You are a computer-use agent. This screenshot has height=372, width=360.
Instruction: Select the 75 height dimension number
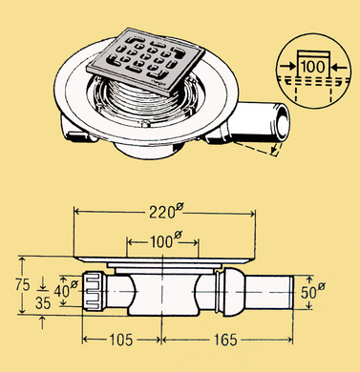click(22, 285)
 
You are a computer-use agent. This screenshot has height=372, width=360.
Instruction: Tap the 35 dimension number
click(43, 303)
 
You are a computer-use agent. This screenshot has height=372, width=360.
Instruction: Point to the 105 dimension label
click(121, 340)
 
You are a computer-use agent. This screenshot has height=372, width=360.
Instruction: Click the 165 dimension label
click(225, 340)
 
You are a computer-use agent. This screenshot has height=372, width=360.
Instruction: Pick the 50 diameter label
click(313, 292)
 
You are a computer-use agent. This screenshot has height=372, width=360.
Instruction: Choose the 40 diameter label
click(66, 290)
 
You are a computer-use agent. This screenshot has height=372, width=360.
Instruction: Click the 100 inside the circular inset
click(313, 67)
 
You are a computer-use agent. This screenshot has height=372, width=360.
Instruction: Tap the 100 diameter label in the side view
click(165, 241)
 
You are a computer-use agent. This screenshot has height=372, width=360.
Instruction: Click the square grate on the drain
click(145, 61)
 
